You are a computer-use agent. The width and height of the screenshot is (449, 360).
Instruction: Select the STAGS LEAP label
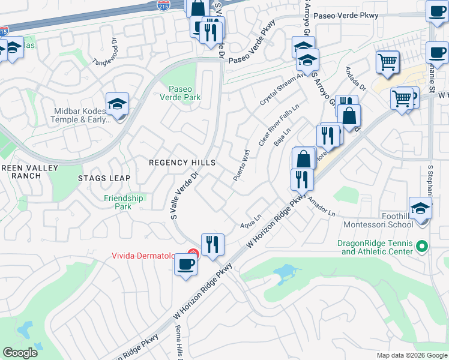coord(100,178)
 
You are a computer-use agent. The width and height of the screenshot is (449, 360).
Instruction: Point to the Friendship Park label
coord(124,202)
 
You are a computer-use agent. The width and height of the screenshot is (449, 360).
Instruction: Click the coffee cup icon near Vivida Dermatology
coord(186,264)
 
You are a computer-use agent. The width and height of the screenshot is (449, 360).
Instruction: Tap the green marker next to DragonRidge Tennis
coord(421,246)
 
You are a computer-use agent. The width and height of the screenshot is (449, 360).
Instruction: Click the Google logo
coord(20,352)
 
